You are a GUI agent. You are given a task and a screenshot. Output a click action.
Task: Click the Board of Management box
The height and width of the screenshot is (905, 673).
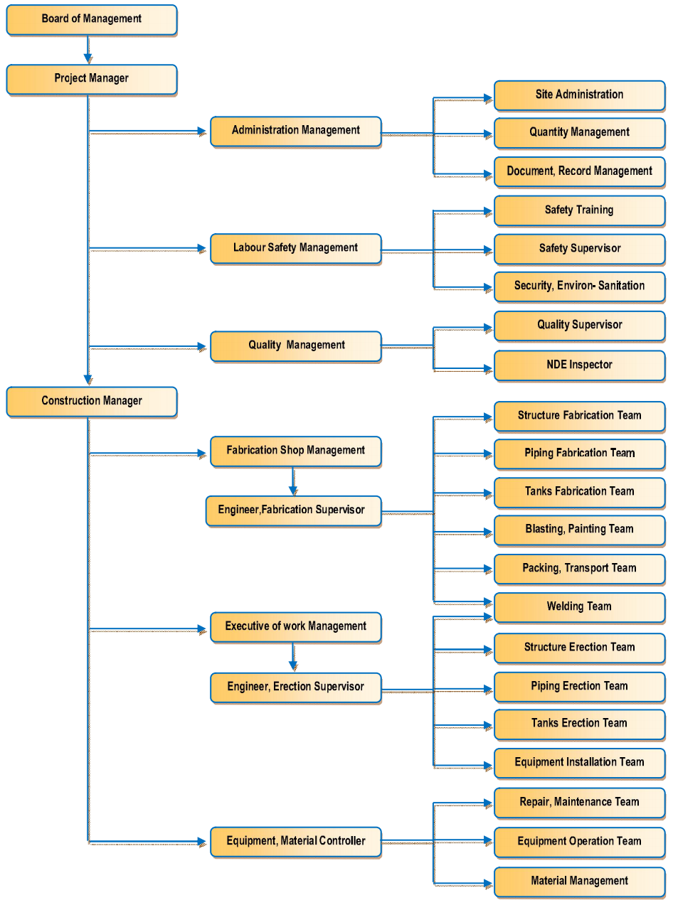click(91, 20)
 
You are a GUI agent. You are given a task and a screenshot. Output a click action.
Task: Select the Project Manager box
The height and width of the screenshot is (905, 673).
click(91, 79)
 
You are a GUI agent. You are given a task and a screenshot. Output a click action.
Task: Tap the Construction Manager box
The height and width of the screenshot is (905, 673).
click(91, 402)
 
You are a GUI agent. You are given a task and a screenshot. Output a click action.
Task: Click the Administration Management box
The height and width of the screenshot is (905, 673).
click(295, 132)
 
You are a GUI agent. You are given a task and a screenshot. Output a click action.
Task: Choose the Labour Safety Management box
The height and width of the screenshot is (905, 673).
click(295, 249)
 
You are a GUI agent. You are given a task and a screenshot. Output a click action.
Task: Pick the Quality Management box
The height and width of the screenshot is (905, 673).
click(295, 346)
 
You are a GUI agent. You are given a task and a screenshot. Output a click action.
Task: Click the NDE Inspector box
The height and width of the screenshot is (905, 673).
click(579, 365)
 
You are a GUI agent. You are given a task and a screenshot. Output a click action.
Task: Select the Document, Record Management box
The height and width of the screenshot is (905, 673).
click(579, 172)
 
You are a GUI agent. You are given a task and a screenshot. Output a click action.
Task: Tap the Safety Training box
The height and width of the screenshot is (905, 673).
click(579, 211)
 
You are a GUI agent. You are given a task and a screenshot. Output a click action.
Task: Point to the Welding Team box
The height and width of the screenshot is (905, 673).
click(579, 607)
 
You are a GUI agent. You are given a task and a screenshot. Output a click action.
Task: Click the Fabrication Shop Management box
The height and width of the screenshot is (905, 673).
click(295, 451)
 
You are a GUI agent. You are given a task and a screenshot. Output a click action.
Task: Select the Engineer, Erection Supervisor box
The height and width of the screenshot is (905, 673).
click(295, 687)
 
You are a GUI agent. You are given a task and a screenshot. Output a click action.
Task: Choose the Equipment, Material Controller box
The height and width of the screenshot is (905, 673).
click(295, 842)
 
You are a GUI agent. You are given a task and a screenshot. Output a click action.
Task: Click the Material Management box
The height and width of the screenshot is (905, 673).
click(579, 882)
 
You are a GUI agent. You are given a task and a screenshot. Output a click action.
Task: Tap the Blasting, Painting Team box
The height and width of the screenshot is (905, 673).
click(579, 530)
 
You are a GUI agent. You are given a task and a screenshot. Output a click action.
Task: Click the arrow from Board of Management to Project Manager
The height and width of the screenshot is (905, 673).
click(88, 50)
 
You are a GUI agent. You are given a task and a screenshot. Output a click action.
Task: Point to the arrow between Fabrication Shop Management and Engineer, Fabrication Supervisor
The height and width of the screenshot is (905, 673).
click(293, 481)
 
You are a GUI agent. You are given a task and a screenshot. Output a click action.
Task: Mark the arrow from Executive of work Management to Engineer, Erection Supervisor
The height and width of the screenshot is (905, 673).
click(293, 657)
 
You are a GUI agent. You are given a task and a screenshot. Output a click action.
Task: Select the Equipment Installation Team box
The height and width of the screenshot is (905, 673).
click(579, 763)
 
